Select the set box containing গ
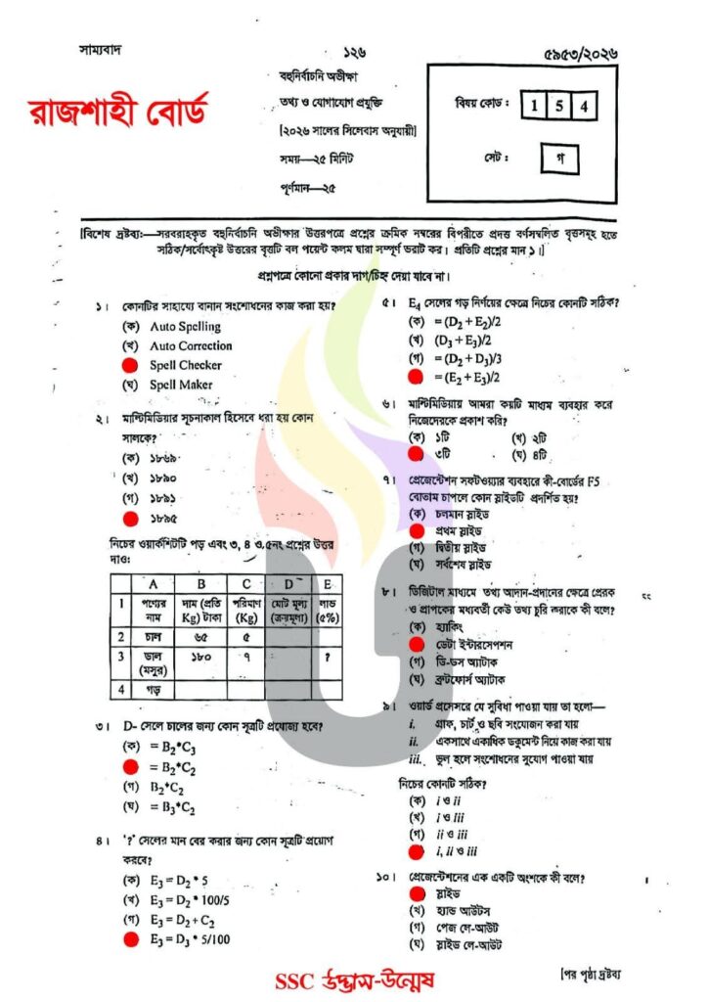tap(559, 157)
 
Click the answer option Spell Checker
tap(186, 365)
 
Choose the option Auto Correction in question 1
tap(191, 345)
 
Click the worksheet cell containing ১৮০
tap(202, 660)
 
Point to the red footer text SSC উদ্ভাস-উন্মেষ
tap(355, 980)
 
